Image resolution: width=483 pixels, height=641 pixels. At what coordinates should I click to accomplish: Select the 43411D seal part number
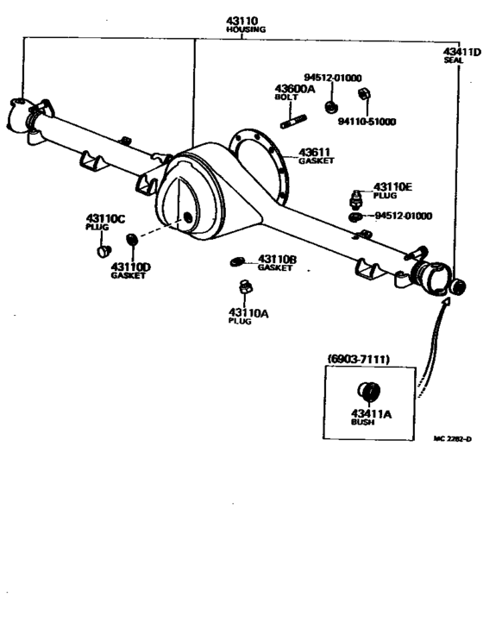pyautogui.click(x=461, y=52)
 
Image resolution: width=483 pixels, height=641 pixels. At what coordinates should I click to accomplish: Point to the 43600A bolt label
pyautogui.click(x=295, y=88)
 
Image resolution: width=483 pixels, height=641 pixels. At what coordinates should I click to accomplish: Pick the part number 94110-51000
pyautogui.click(x=367, y=122)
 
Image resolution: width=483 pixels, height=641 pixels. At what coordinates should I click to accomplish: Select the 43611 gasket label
pyautogui.click(x=315, y=152)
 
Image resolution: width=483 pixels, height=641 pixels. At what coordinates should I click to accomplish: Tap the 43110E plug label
pyautogui.click(x=392, y=186)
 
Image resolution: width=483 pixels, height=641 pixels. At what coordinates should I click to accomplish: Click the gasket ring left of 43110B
pyautogui.click(x=239, y=261)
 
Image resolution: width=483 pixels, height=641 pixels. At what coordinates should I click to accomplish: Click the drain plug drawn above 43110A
pyautogui.click(x=245, y=287)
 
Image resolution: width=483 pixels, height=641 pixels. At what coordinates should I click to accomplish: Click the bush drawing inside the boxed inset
pyautogui.click(x=367, y=390)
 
